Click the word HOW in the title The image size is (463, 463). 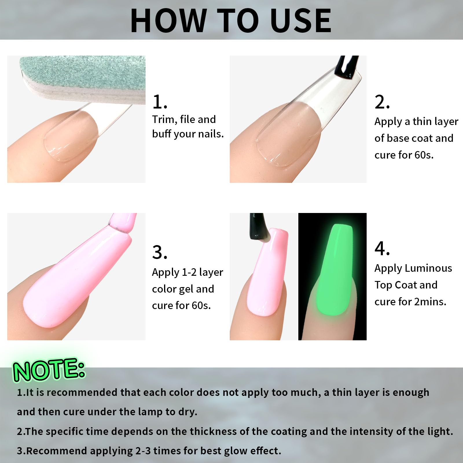pos(168,21)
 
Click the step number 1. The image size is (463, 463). pos(160,102)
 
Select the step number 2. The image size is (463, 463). pos(382,102)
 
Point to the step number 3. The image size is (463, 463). pos(160,252)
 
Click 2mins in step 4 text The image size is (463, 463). pos(430,302)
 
